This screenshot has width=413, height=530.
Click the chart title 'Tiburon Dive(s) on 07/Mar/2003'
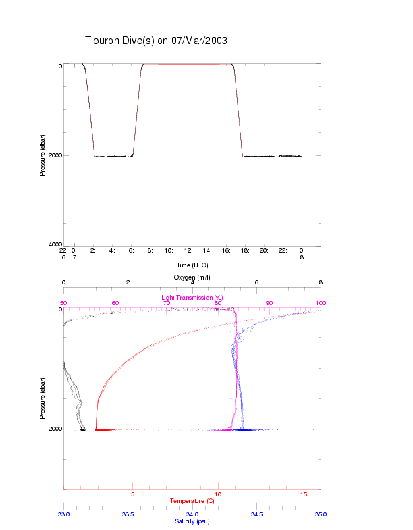click(x=156, y=41)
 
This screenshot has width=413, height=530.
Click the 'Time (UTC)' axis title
click(x=192, y=265)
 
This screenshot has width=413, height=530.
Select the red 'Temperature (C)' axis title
click(x=192, y=501)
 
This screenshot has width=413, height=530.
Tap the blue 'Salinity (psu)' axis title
click(x=192, y=521)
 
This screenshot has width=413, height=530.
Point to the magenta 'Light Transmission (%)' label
click(x=192, y=297)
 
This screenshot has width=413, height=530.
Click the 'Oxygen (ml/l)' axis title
click(x=192, y=277)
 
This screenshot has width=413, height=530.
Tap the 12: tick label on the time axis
click(x=189, y=250)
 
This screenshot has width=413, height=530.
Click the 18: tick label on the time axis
click(x=246, y=250)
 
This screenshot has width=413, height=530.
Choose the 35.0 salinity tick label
click(x=321, y=514)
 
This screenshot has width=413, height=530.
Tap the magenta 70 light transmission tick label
click(x=166, y=303)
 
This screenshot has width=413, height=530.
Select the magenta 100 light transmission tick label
click(x=320, y=303)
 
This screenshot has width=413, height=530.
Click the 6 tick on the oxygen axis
click(x=256, y=283)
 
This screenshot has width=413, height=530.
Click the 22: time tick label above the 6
click(x=64, y=250)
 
